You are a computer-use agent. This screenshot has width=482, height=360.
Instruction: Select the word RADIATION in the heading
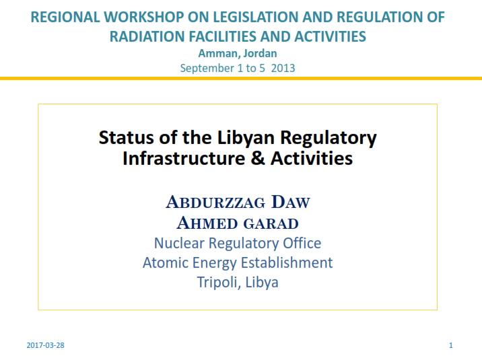(147, 36)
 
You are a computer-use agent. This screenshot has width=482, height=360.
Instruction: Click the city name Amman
(218, 53)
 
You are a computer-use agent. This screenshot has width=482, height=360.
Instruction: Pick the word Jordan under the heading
(261, 53)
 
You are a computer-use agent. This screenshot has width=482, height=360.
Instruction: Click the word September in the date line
(207, 68)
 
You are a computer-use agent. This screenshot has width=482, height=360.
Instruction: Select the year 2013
(283, 68)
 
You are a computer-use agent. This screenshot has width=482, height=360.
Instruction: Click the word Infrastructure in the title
(184, 159)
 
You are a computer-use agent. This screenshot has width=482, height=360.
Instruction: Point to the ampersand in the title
(258, 159)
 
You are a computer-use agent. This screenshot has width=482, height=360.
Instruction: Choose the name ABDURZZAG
(215, 202)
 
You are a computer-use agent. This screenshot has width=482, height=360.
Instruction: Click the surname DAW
(291, 202)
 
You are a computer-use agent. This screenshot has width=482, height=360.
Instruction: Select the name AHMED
(207, 223)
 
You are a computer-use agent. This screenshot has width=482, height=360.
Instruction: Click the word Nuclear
(179, 244)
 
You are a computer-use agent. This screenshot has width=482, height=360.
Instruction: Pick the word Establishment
(287, 263)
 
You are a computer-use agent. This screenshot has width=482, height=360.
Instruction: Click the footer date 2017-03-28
(46, 345)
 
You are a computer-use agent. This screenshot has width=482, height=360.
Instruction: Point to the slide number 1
(451, 345)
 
